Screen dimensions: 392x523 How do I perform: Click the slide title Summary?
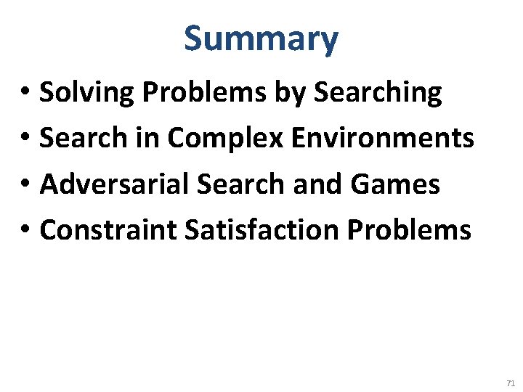(x=261, y=39)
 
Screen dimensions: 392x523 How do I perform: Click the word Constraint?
(x=108, y=230)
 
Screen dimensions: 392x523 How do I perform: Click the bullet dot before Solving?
(x=24, y=94)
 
